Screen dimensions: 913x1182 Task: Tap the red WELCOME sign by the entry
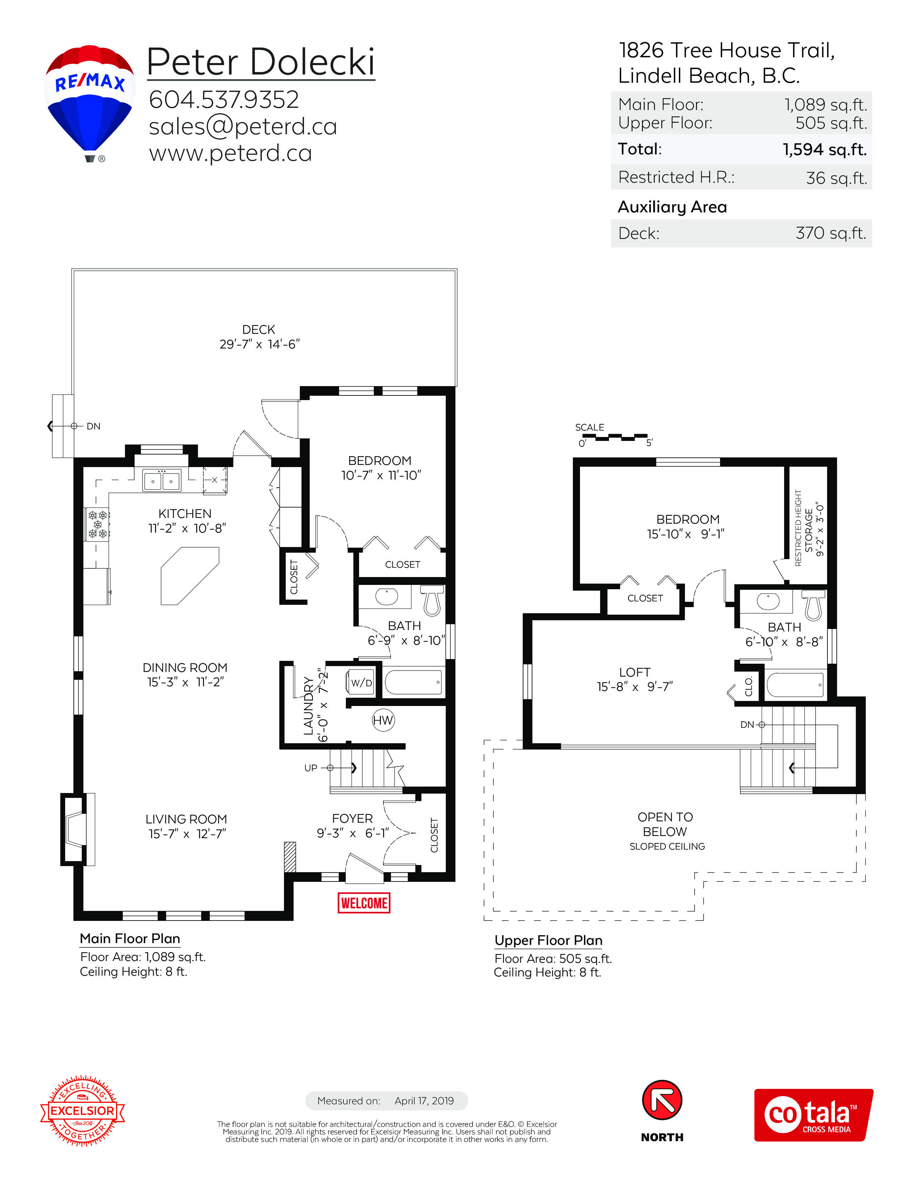click(x=364, y=903)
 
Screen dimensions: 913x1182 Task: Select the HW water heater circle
click(x=383, y=720)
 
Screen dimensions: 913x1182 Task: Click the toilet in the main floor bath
click(x=432, y=600)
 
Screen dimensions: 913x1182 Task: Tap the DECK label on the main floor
click(x=259, y=330)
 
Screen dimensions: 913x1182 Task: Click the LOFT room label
click(x=634, y=672)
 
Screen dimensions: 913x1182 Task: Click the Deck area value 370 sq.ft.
click(x=831, y=233)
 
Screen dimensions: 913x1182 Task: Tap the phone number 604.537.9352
click(x=224, y=100)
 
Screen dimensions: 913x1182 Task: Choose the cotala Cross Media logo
click(x=813, y=1115)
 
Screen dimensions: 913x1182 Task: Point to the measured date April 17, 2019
click(x=424, y=1101)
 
